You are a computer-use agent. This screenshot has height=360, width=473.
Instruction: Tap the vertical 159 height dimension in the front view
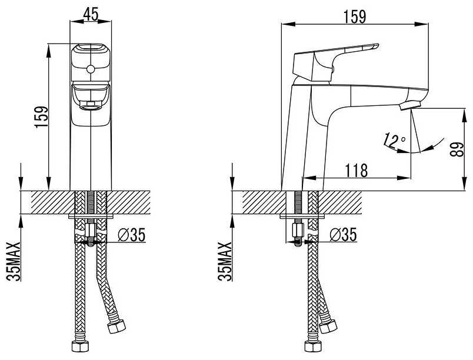[x=42, y=117]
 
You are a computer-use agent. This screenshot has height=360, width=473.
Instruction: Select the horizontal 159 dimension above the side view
[x=355, y=16]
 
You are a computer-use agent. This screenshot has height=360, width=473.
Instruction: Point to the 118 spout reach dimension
[x=357, y=171]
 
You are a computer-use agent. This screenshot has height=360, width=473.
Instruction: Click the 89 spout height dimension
[x=457, y=149]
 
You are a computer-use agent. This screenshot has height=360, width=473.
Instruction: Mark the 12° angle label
[x=394, y=141]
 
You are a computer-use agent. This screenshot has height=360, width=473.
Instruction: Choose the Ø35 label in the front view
[x=132, y=235]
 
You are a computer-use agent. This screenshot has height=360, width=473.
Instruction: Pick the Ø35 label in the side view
[x=344, y=235]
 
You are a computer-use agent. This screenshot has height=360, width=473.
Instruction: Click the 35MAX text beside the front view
[x=14, y=261]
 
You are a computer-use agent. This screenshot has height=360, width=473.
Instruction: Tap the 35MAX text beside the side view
[x=225, y=261]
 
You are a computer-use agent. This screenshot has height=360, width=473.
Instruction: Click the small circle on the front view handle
[x=90, y=69]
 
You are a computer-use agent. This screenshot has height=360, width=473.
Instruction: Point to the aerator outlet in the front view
[x=90, y=106]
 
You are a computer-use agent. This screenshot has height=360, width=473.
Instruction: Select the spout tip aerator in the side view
[x=409, y=106]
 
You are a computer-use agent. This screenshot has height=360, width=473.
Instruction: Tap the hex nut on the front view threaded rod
[x=90, y=231]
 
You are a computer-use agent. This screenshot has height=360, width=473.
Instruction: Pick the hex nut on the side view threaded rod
[x=298, y=231]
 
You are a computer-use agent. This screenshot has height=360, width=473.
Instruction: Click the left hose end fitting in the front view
[x=79, y=346]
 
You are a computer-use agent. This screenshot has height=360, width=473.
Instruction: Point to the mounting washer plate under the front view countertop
[x=91, y=216]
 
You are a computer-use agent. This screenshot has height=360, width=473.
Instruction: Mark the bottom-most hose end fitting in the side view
[x=313, y=346]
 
